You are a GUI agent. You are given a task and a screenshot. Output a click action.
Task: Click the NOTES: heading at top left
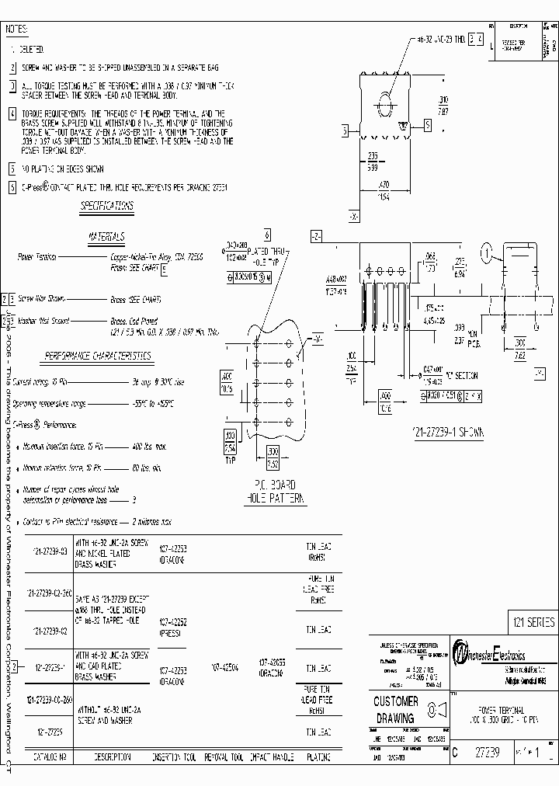[x=17, y=29]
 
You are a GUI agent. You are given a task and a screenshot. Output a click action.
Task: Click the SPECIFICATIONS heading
[x=107, y=207]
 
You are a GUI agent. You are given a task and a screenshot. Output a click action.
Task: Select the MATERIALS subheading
[x=106, y=237]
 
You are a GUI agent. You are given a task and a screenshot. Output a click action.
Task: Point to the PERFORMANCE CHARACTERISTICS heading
[x=98, y=356]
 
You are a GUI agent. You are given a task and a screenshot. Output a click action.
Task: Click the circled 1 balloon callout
[x=486, y=252]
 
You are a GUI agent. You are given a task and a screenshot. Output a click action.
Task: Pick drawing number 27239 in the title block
[x=482, y=752]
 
